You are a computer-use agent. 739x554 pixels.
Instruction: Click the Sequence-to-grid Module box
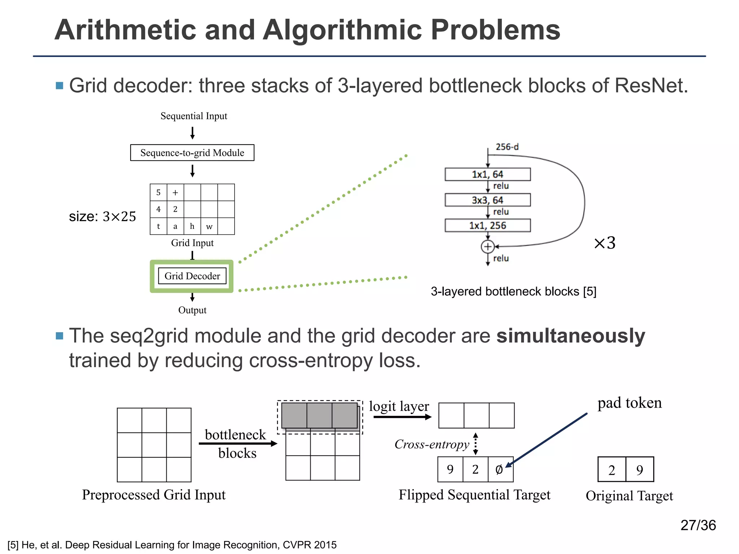click(x=192, y=153)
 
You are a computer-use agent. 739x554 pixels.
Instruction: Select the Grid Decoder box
click(x=192, y=276)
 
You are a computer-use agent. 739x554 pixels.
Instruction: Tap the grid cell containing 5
click(x=158, y=192)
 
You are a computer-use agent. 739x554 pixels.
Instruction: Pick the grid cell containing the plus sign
click(x=175, y=192)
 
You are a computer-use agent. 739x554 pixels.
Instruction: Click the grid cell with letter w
click(x=209, y=227)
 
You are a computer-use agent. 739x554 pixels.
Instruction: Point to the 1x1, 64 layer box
click(x=487, y=174)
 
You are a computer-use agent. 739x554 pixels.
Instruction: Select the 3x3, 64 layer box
click(x=487, y=200)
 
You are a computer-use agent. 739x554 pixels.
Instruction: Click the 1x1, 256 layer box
click(x=487, y=225)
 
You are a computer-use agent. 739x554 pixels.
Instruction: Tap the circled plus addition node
click(x=487, y=247)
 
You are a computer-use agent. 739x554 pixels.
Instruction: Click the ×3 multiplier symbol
click(x=605, y=243)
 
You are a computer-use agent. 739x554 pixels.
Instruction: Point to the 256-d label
click(x=507, y=147)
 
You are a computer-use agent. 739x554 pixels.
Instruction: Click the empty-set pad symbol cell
click(x=500, y=469)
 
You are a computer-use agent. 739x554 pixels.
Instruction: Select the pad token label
click(x=629, y=403)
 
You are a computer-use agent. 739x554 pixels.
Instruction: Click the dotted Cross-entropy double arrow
click(x=476, y=444)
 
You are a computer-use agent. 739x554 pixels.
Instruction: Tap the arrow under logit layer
click(x=402, y=417)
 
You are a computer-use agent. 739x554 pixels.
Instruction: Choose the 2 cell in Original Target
click(x=612, y=470)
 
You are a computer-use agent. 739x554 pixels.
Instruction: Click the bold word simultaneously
click(x=570, y=336)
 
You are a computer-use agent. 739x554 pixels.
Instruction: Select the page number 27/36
click(x=698, y=525)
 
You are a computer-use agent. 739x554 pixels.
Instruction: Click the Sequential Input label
click(x=194, y=116)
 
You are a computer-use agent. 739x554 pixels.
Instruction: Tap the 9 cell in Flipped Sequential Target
click(x=450, y=469)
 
